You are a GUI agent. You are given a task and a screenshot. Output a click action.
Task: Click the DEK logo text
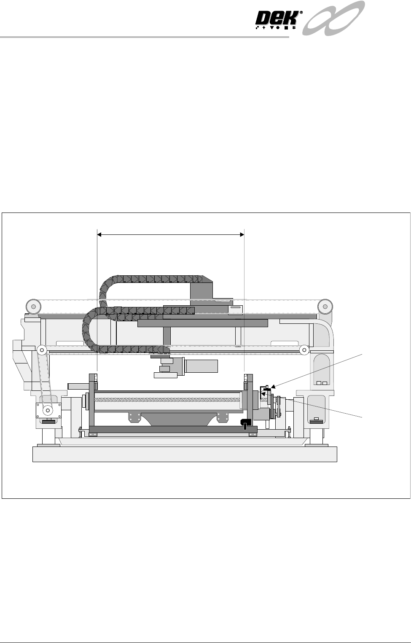click(x=277, y=19)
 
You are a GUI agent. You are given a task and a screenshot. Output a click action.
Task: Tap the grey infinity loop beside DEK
click(x=333, y=18)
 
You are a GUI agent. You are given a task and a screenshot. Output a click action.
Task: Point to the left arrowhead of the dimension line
click(x=99, y=234)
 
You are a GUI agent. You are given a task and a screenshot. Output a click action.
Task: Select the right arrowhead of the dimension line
click(x=242, y=234)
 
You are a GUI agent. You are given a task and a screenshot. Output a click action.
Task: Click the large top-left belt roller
click(x=33, y=307)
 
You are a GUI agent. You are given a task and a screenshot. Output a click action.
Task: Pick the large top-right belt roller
click(x=325, y=307)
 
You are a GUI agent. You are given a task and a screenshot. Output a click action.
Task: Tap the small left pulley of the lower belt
click(x=42, y=350)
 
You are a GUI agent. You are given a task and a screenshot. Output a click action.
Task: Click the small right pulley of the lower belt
click(x=304, y=350)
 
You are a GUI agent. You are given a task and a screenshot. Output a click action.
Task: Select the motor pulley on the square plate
click(x=48, y=411)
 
